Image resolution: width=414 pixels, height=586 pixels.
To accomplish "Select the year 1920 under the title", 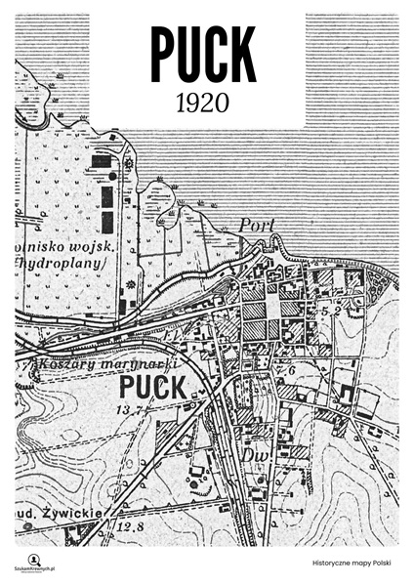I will [203, 102].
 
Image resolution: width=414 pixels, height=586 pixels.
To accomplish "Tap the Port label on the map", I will [253, 226].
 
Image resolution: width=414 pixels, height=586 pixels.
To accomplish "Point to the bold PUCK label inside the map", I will [150, 388].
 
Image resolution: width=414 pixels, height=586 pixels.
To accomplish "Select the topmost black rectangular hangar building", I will [101, 159].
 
